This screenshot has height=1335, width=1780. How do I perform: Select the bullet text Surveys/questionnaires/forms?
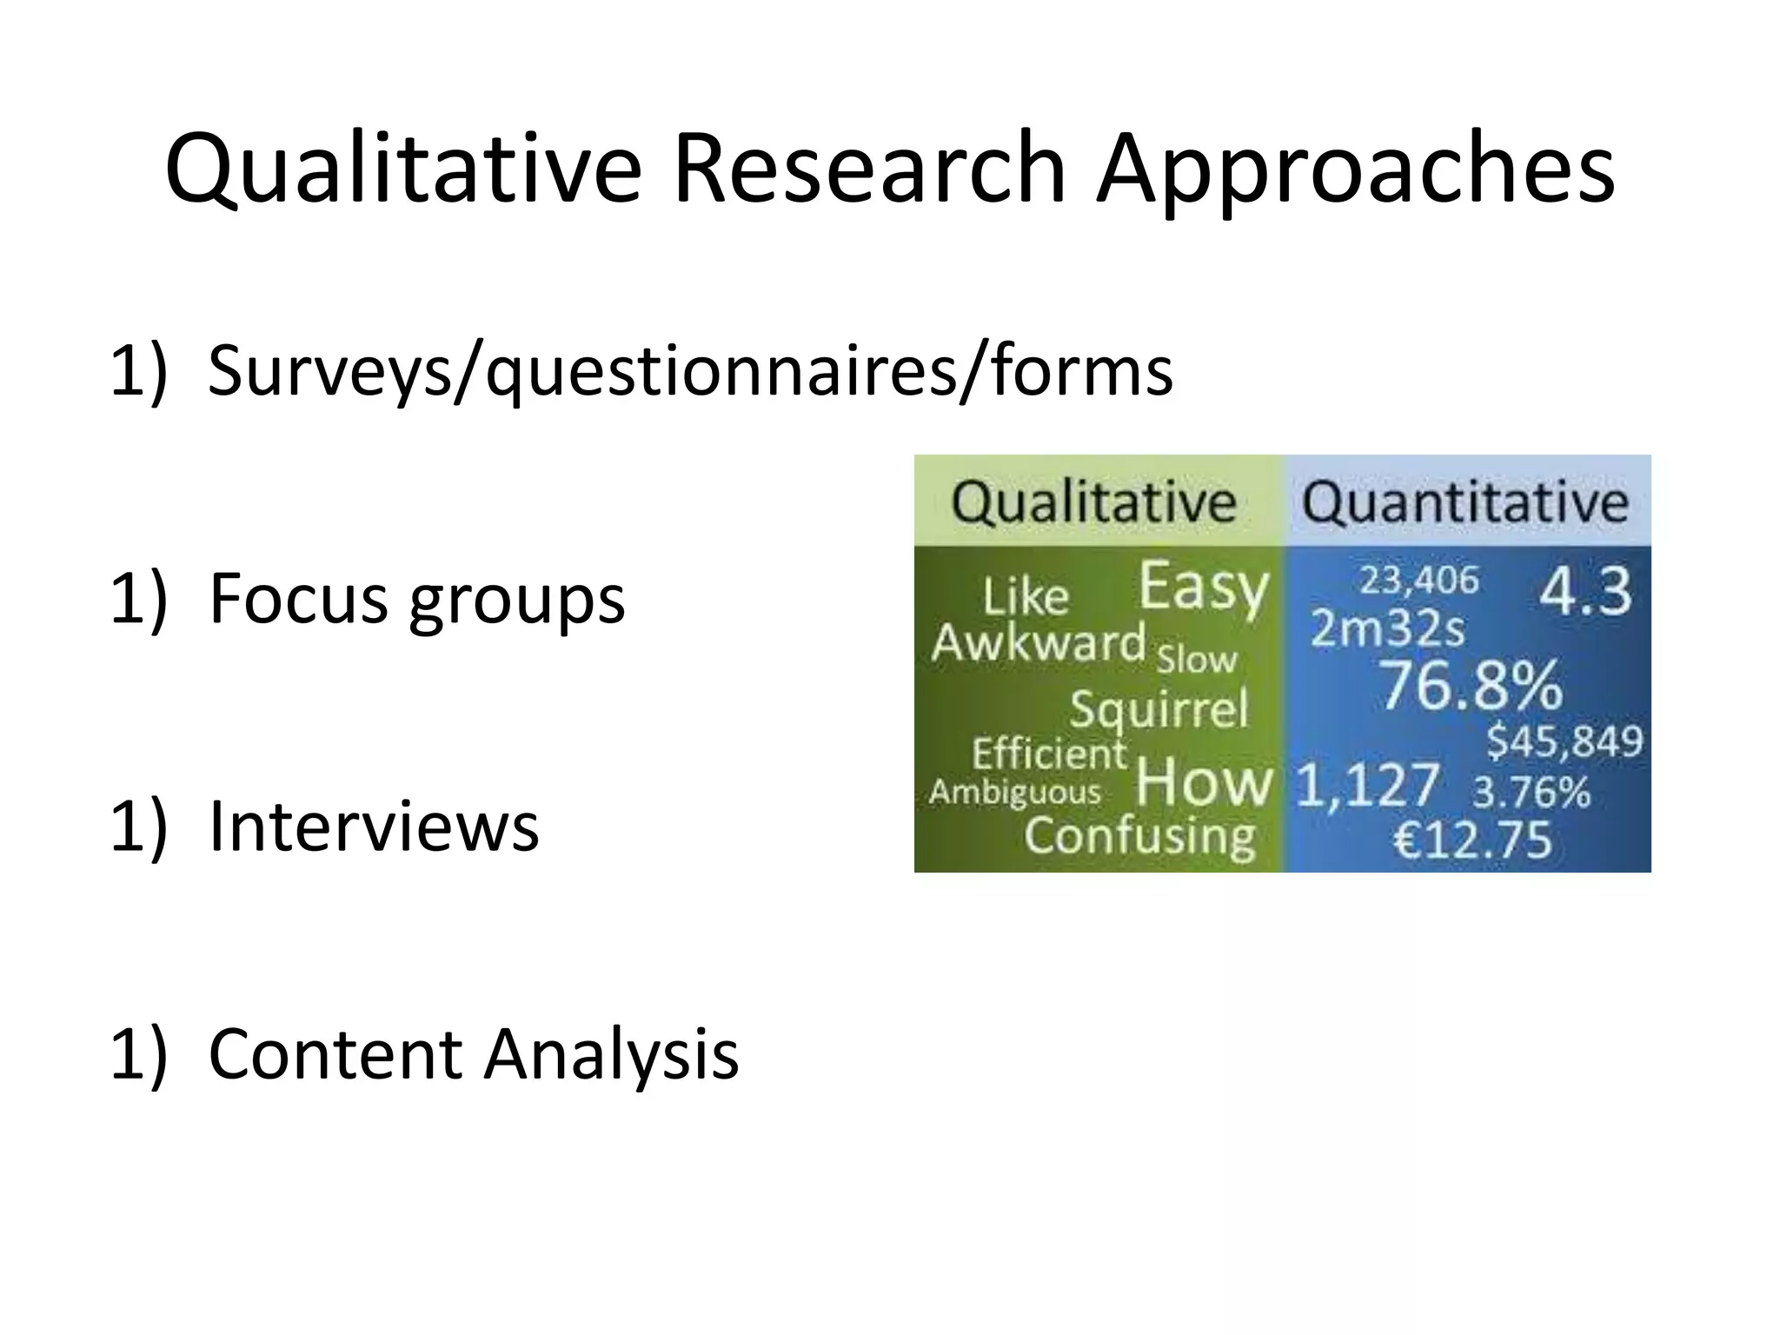(x=690, y=370)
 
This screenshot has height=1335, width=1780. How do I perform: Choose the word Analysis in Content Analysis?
(x=611, y=1053)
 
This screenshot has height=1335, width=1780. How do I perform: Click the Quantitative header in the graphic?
(x=1465, y=502)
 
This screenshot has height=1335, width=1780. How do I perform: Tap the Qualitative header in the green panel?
(x=1093, y=502)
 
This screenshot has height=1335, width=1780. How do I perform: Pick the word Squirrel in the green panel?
(x=1159, y=708)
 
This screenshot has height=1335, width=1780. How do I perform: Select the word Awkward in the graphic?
(x=1038, y=644)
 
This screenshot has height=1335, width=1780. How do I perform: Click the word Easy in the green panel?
(x=1204, y=588)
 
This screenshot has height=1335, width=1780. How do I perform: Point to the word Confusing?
(x=1139, y=836)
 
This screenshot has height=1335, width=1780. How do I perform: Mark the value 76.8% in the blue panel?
(x=1471, y=685)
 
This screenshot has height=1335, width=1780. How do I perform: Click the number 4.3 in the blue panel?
(x=1585, y=592)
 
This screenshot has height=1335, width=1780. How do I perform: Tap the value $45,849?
(x=1564, y=741)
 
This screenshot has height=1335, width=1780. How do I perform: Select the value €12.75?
(x=1472, y=840)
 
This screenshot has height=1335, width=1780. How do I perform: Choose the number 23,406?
(x=1418, y=580)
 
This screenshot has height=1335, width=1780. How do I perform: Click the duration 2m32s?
(x=1387, y=628)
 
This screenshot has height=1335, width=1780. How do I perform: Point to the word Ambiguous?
(x=1015, y=792)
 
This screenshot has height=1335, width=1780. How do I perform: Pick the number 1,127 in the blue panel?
(x=1367, y=785)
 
